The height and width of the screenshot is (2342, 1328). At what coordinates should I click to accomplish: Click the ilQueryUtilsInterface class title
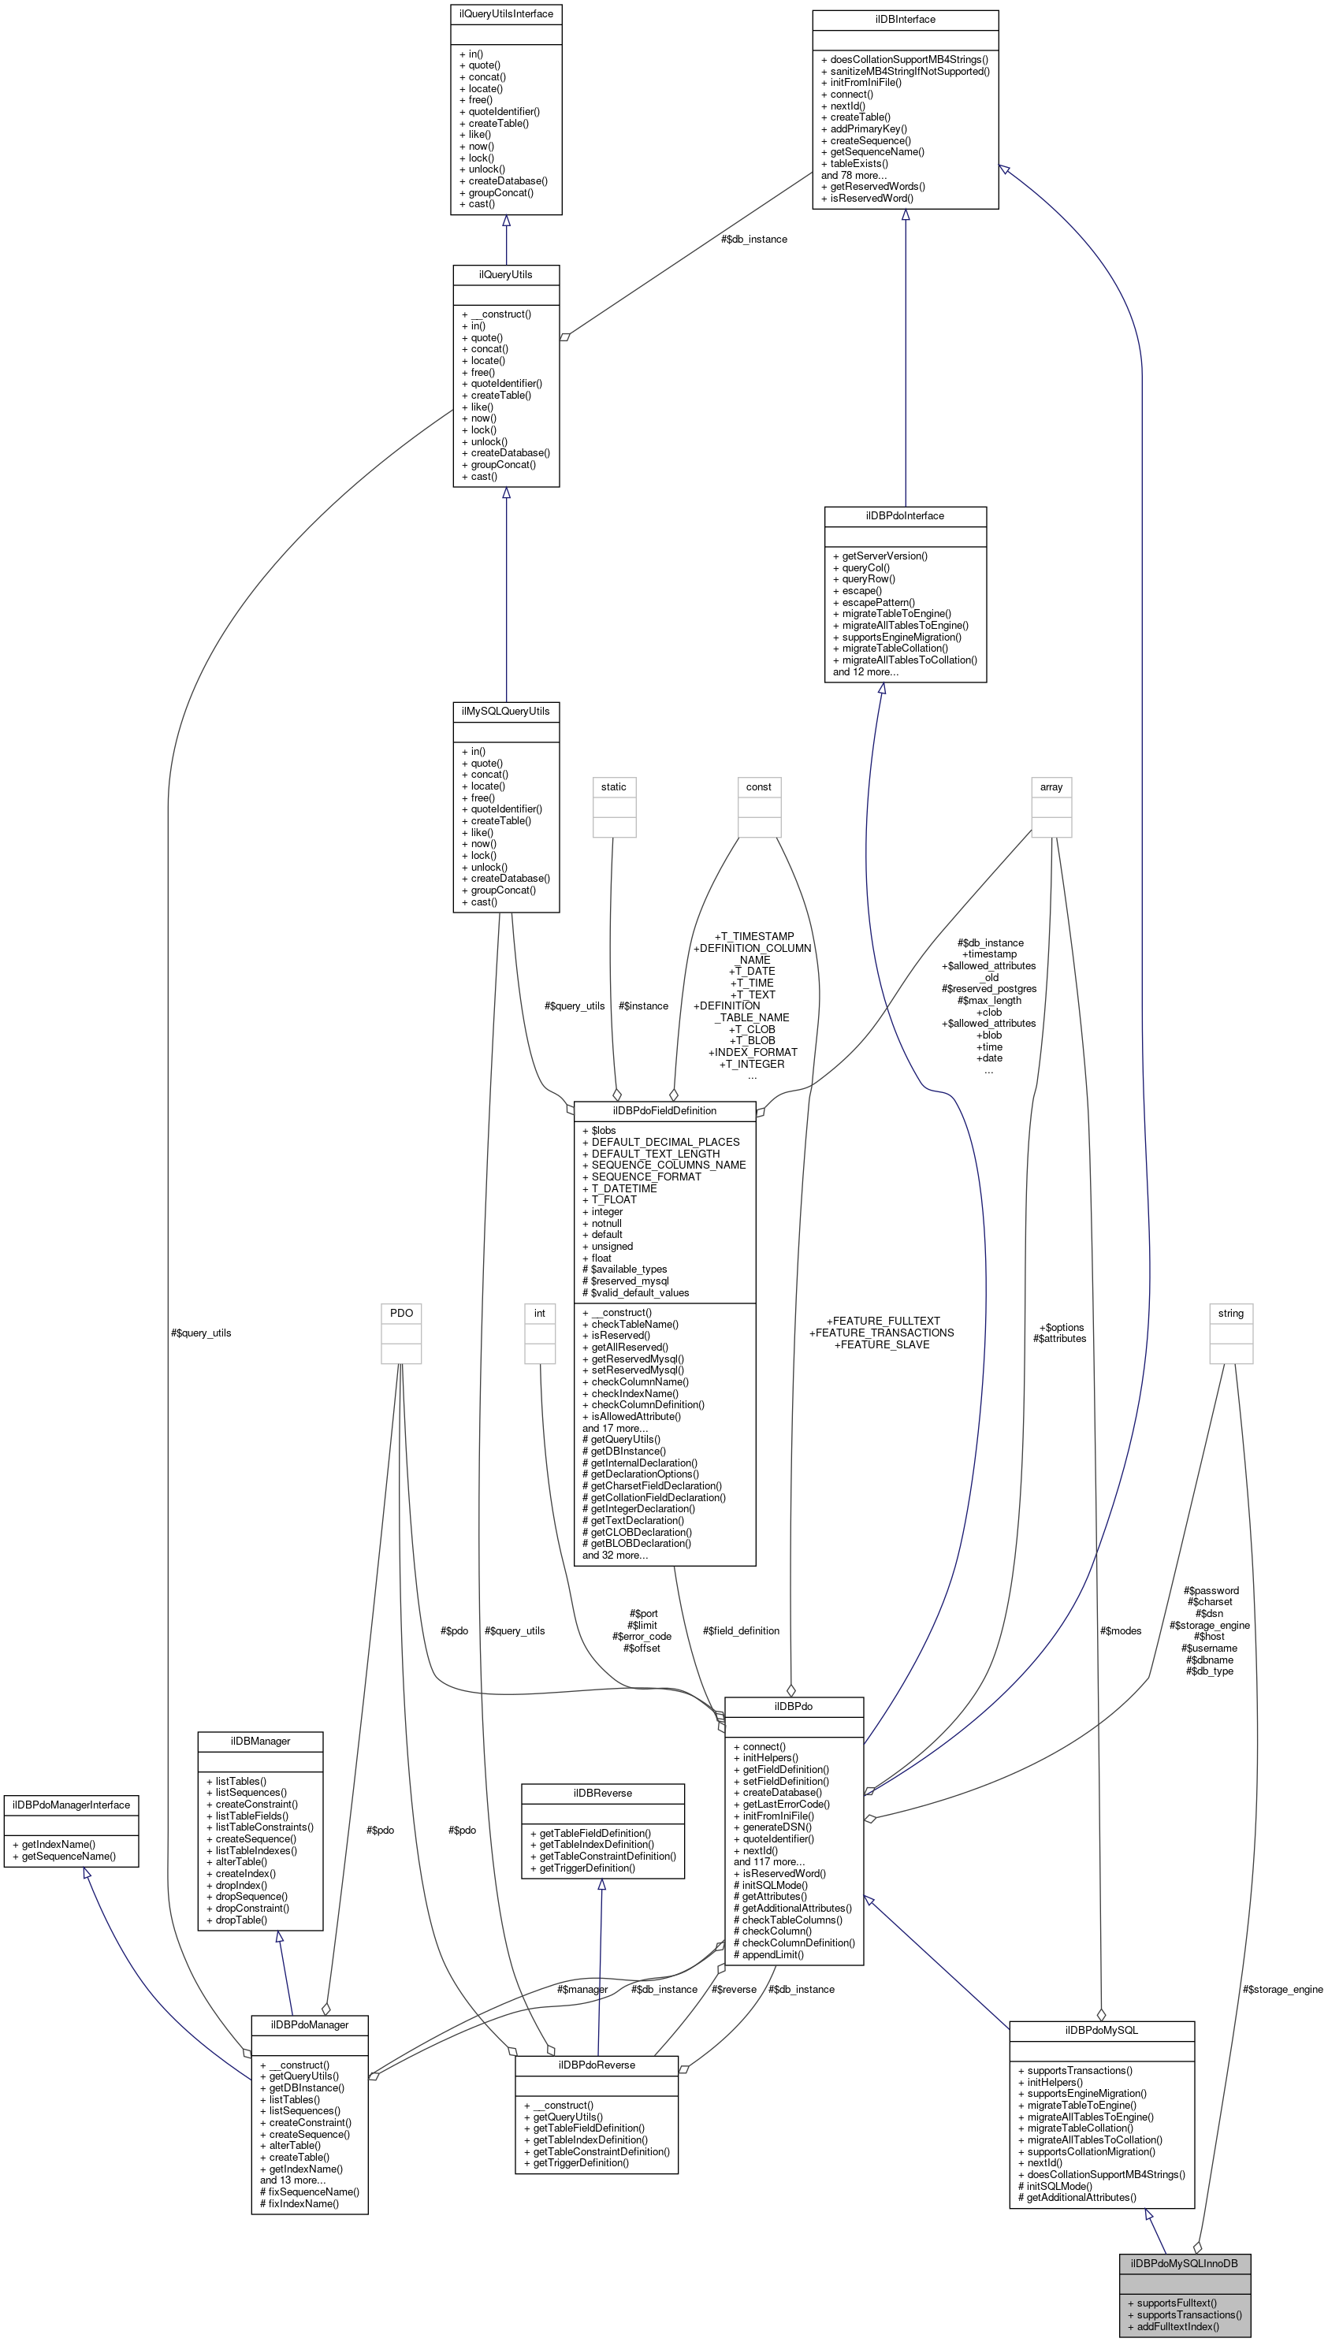[x=505, y=13]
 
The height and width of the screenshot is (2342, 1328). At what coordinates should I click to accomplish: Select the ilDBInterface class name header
[x=905, y=19]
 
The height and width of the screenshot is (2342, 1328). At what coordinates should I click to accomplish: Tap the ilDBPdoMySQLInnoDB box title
[x=1184, y=2262]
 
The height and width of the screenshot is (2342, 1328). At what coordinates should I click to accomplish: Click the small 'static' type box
[x=614, y=787]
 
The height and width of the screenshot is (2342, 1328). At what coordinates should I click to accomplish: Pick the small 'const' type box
[x=758, y=787]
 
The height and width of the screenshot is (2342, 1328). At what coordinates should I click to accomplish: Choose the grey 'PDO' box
[x=401, y=1314]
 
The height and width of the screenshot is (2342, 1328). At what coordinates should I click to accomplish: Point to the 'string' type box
[x=1230, y=1314]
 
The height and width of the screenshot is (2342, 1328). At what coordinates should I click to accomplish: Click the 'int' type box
[x=539, y=1314]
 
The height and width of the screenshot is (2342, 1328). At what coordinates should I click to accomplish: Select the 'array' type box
[x=1051, y=787]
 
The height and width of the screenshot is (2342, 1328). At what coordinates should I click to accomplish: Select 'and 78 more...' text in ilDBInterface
[x=853, y=175]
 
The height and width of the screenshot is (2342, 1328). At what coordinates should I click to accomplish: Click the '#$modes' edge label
[x=1120, y=1630]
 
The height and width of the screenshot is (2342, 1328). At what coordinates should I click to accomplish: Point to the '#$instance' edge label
[x=643, y=1006]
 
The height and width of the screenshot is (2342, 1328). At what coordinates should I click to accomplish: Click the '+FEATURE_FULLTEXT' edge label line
[x=882, y=1321]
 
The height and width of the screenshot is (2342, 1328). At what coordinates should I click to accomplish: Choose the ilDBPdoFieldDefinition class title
[x=664, y=1111]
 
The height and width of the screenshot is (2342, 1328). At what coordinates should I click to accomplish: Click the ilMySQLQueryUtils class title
[x=505, y=711]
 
